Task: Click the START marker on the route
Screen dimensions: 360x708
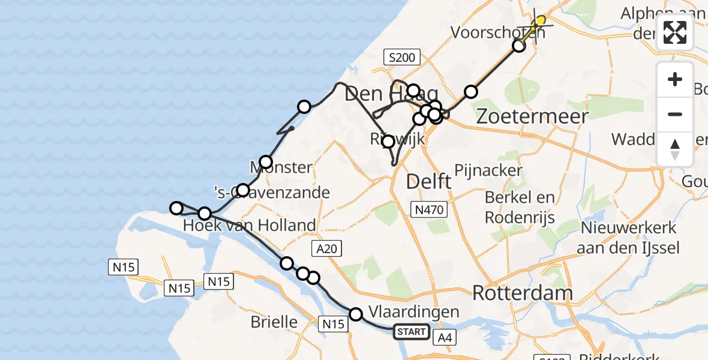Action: coord(412,332)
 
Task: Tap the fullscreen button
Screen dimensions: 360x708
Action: coord(675,32)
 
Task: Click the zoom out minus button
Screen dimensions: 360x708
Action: coord(675,114)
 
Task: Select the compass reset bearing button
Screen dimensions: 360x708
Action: coord(675,149)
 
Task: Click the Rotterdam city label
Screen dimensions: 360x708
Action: coord(523,293)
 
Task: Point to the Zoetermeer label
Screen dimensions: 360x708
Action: coord(532,116)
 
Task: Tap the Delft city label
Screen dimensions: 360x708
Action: coord(429,181)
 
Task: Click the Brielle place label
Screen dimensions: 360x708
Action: coord(274,322)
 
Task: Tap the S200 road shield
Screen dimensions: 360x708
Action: coord(402,58)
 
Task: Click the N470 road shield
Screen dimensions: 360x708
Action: coord(429,209)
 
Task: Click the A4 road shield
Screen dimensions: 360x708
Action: coord(445,338)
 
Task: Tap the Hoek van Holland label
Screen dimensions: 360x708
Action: coord(250,225)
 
